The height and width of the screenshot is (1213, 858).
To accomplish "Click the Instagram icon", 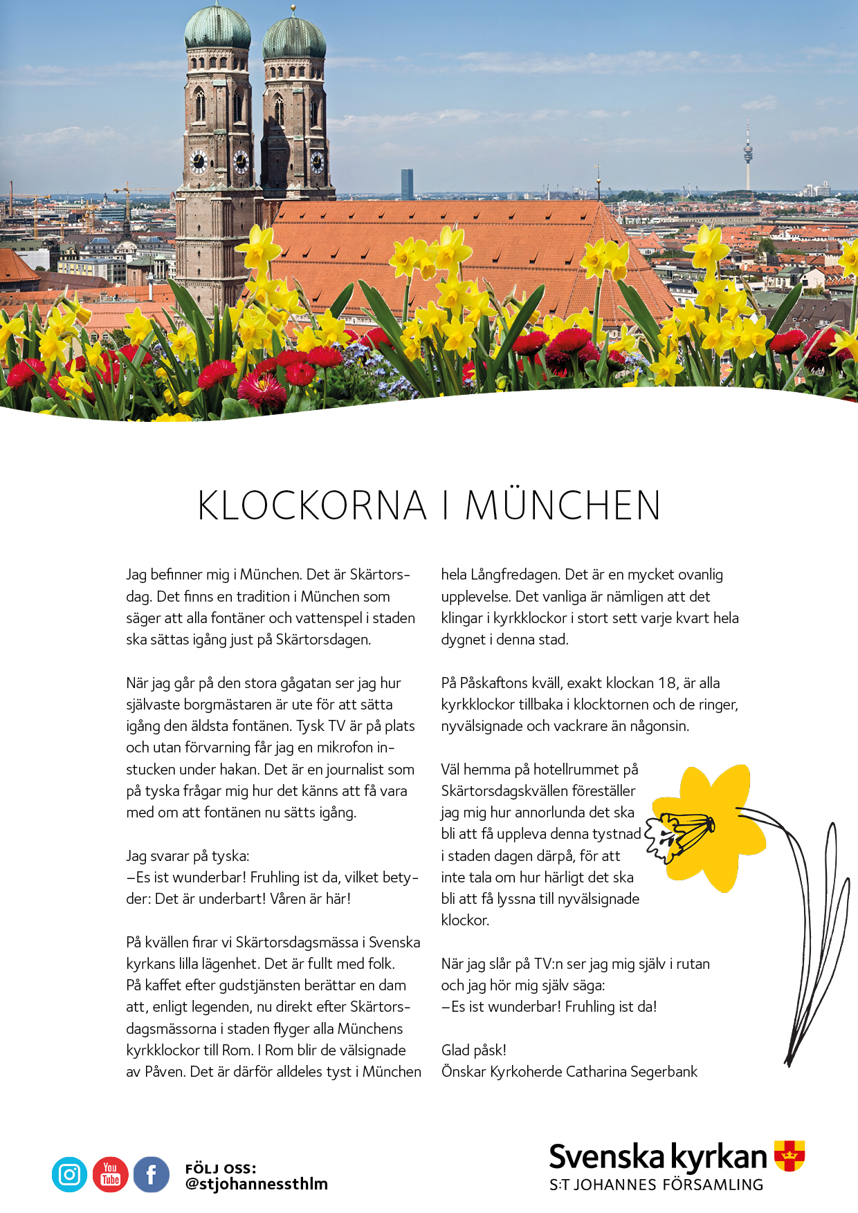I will tap(69, 1174).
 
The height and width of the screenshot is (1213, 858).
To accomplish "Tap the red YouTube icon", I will tap(111, 1174).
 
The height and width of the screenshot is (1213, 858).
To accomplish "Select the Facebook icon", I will tap(152, 1174).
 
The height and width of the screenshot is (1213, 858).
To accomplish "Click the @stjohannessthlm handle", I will tap(256, 1184).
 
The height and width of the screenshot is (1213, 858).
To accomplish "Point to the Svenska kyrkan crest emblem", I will tap(789, 1156).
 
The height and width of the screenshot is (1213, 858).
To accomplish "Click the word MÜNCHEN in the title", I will tap(563, 506).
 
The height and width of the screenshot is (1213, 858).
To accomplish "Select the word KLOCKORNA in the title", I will tap(312, 506).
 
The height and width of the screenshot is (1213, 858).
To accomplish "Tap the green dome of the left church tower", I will tap(218, 28).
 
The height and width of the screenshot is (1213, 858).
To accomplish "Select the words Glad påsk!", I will tap(474, 1050).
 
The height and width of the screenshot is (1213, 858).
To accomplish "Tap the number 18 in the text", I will tap(667, 683).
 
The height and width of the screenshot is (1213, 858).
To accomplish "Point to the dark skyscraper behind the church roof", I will tap(407, 184).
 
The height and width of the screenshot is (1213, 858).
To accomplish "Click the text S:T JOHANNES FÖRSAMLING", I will tap(656, 1185).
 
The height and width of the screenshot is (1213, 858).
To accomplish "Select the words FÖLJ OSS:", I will tap(221, 1169).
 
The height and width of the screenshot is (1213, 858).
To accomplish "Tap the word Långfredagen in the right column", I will tap(513, 575).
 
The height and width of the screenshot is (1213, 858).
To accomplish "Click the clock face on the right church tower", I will tap(317, 163).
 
